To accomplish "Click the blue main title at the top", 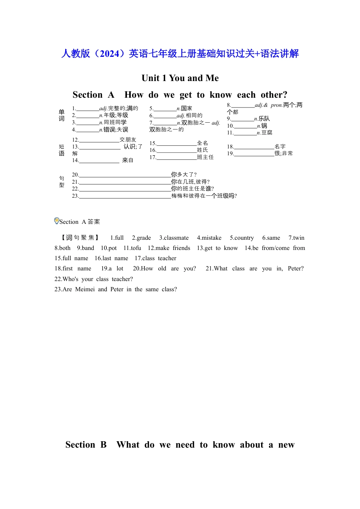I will (180, 54).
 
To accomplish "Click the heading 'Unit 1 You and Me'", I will (180, 78).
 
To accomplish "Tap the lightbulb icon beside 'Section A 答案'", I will (57, 221).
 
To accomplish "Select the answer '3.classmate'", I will (174, 238).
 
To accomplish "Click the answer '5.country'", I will (242, 238).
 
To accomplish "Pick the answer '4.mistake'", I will (209, 238).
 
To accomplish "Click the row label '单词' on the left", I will (62, 115).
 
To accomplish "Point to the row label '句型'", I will (62, 181).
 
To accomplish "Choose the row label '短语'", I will (62, 150).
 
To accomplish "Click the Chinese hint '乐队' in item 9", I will (265, 119).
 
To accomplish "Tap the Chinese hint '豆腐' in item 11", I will (267, 133).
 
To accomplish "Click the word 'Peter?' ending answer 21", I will (296, 269).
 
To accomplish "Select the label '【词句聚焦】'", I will (80, 238).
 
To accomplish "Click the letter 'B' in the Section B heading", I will (103, 445).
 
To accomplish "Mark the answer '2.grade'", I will (141, 238).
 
